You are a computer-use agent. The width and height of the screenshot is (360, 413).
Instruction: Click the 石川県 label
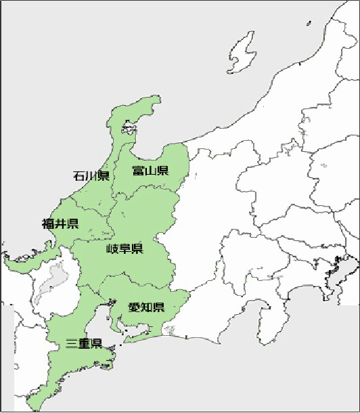[x=91, y=176]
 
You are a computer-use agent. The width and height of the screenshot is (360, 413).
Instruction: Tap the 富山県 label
[x=150, y=170]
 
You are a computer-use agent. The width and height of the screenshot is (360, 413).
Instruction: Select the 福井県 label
[x=60, y=223]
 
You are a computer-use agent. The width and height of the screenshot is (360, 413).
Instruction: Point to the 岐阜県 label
[x=125, y=248]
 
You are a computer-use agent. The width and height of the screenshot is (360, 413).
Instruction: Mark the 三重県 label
[x=84, y=343]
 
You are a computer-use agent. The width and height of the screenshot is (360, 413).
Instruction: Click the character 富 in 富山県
[x=138, y=170]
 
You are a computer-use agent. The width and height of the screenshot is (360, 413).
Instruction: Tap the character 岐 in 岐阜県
[x=112, y=248]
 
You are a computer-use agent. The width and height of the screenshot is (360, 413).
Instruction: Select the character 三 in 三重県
[x=72, y=343]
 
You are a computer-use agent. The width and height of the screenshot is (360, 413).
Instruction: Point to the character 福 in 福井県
[x=47, y=223]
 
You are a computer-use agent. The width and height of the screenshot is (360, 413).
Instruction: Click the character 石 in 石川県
[x=79, y=176]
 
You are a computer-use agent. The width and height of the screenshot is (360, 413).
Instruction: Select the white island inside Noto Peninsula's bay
[x=127, y=125]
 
